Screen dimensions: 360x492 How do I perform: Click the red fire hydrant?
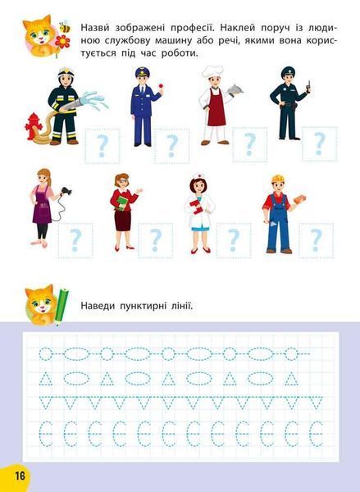click(33, 126)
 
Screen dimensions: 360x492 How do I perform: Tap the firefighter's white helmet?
click(66, 73)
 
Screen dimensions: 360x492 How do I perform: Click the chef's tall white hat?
click(212, 72)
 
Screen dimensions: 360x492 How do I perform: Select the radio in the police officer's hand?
click(309, 87)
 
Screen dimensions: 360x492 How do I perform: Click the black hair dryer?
click(66, 191)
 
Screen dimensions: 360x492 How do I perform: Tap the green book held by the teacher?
click(122, 203)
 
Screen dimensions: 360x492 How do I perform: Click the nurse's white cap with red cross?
click(198, 175)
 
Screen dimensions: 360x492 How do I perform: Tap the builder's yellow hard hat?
click(278, 179)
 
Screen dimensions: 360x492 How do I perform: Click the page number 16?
click(20, 476)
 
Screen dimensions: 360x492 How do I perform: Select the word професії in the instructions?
click(192, 28)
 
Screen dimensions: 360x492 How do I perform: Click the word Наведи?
click(98, 306)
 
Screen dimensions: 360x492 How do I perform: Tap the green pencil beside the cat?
click(62, 306)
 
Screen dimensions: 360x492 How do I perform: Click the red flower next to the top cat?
click(62, 42)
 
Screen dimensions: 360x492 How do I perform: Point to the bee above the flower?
click(65, 27)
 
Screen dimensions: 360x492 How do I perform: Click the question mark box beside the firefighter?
click(103, 146)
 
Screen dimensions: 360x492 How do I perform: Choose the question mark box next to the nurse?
click(234, 240)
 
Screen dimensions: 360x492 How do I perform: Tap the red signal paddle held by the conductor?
click(162, 85)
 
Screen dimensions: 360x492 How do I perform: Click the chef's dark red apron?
click(216, 107)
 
